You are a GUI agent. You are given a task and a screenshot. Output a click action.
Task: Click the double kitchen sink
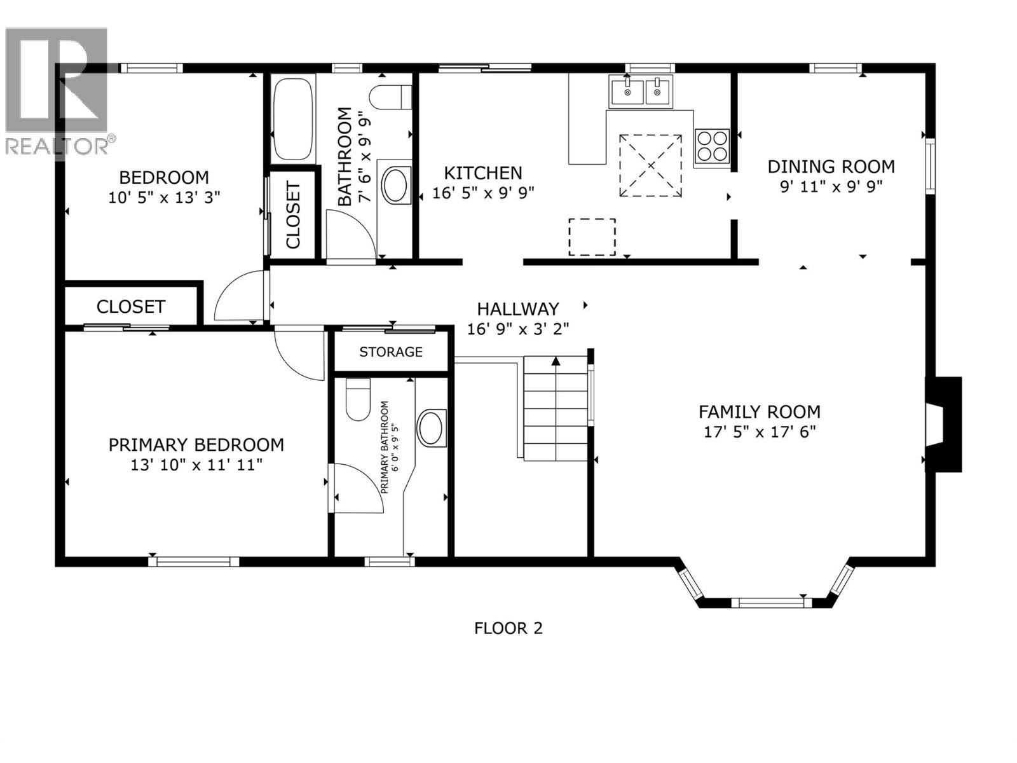point(640,91)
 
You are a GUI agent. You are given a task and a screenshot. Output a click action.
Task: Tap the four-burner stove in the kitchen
point(712,146)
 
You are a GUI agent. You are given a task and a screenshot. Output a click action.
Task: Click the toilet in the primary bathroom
point(358,399)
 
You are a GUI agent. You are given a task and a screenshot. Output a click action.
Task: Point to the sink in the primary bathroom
point(432,428)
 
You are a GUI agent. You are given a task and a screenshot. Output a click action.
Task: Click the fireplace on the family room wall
point(943,424)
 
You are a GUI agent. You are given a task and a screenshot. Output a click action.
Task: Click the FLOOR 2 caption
point(508,628)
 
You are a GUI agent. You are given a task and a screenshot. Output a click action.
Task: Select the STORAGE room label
point(391,352)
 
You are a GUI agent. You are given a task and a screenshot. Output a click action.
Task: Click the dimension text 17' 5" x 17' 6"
point(760,432)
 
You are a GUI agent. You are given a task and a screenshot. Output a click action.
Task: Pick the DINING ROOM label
point(831,167)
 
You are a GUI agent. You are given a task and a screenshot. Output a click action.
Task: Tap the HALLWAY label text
point(518,309)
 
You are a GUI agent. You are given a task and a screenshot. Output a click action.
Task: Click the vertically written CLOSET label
point(293,215)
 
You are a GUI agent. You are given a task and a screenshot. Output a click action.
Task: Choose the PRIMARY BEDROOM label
point(196,444)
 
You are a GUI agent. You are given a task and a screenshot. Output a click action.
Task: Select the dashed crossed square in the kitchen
point(651,165)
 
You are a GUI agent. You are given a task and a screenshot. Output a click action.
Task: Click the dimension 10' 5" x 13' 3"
point(164,197)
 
